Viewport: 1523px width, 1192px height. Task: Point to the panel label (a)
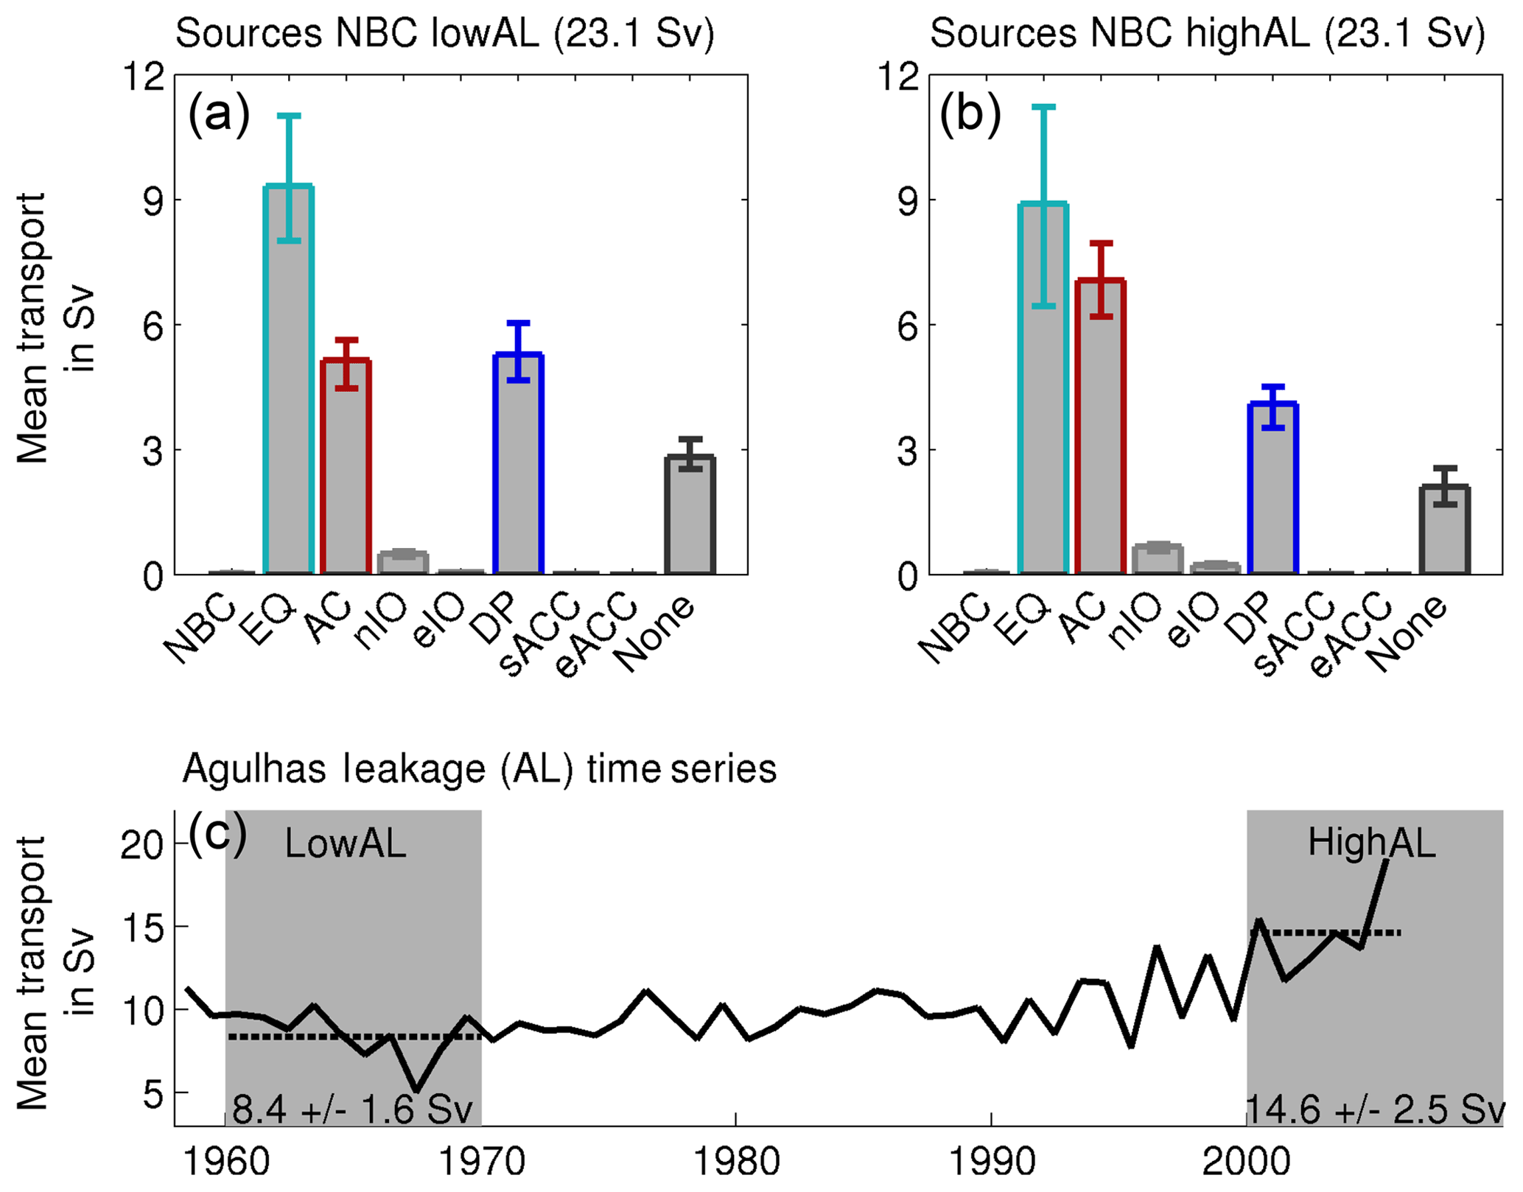coord(219,114)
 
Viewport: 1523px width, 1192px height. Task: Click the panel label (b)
coord(970,114)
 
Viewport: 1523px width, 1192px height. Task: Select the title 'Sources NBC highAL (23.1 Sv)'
coord(1207,34)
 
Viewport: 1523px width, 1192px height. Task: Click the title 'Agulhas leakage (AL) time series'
coord(479,769)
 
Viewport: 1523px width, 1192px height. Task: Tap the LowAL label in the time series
coord(345,844)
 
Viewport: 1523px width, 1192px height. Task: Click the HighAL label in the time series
coord(1371,842)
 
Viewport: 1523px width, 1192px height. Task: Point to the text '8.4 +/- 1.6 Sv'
coord(352,1109)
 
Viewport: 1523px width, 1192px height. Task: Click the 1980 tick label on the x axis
coord(736,1162)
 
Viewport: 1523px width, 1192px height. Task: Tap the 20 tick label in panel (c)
coord(141,845)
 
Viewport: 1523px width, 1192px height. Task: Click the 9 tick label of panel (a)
coord(153,200)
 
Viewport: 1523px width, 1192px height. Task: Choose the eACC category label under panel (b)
coord(1350,638)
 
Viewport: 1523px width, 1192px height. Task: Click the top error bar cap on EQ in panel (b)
coord(1043,108)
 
